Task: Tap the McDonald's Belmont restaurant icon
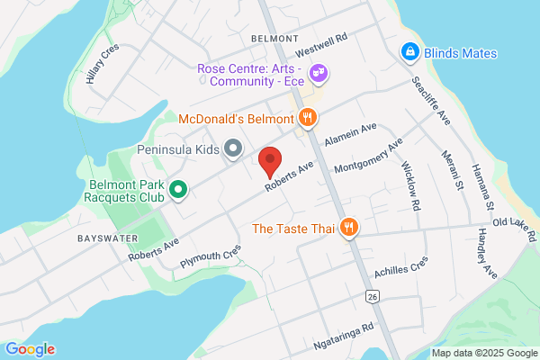point(308,117)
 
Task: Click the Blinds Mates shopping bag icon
point(409,53)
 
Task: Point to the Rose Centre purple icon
point(317,71)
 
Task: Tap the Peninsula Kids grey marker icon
point(232,148)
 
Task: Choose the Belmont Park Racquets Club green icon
point(178,190)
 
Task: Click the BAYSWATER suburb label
point(107,238)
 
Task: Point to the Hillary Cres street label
point(103,66)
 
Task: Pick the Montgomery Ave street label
point(368,157)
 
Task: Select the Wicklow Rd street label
point(411,186)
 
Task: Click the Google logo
point(30,349)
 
